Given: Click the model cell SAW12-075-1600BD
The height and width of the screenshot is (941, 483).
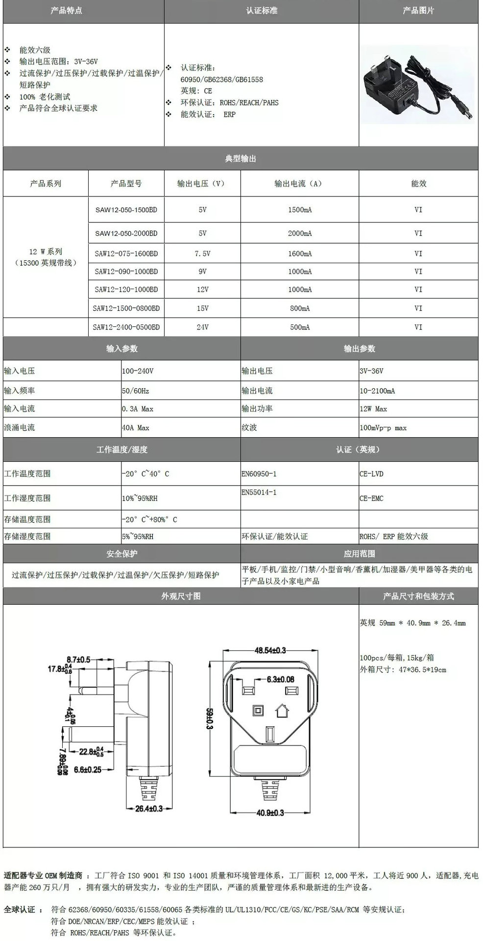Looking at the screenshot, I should pos(126,254).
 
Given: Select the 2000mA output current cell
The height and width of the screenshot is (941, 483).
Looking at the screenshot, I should pos(300,233).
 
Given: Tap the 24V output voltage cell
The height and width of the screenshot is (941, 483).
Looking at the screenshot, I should pos(202,327).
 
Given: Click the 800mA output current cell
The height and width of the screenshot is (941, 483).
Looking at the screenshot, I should pos(300,308).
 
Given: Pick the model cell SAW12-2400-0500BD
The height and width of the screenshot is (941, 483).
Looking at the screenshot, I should pos(126,327).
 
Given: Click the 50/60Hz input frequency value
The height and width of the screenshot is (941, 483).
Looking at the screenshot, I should pos(136,391).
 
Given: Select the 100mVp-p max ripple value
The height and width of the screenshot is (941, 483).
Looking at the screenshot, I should pos(383,428).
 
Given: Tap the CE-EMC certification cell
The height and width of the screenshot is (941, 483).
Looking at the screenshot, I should pos(371,498).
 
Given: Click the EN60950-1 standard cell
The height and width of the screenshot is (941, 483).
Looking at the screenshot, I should pos(259,474).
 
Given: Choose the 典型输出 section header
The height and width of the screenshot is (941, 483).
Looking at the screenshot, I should pos(241,159).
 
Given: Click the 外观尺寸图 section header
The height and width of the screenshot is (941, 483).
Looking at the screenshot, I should pos(181,596).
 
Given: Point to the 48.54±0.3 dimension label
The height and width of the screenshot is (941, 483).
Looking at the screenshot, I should pos(270,650).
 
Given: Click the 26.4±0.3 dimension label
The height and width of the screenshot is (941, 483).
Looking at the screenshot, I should pos(149,809).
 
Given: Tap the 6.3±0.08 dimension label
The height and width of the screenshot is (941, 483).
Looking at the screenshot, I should pos(280,679).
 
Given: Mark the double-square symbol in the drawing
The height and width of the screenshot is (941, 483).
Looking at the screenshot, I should pos(256,710).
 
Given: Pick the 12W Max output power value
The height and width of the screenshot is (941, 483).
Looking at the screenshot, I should pos(373,409).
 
